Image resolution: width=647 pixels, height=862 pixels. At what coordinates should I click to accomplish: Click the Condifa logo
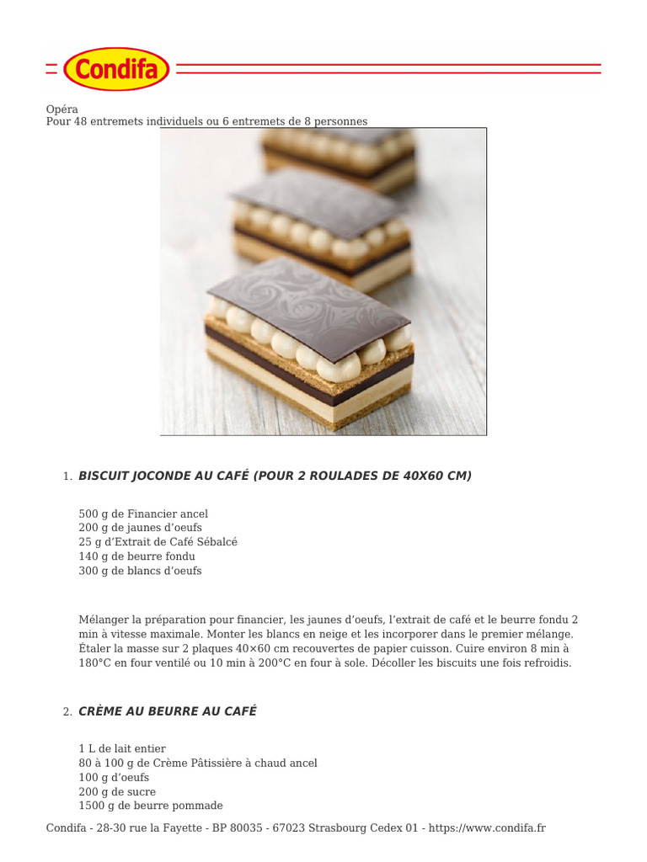coord(116,69)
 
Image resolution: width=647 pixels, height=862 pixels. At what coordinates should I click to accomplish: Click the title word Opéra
coord(61,109)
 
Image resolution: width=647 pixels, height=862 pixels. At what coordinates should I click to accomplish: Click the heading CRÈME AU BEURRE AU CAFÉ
coord(167,711)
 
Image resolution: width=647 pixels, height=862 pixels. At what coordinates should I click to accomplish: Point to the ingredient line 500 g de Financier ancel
coord(143,513)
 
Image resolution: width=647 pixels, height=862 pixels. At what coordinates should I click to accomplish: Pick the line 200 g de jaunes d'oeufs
coord(140,528)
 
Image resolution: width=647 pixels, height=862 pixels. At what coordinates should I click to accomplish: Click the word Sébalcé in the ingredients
coord(216,542)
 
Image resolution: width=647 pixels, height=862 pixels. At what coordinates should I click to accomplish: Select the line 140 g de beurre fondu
coord(136,556)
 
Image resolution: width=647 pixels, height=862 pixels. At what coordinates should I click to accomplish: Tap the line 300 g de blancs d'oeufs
coord(140,571)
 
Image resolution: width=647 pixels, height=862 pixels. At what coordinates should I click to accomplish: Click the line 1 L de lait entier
coord(122,748)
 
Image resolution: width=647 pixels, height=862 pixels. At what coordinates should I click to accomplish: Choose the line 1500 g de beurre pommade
coord(151,806)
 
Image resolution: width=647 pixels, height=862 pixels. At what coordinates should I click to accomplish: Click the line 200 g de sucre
coord(117,791)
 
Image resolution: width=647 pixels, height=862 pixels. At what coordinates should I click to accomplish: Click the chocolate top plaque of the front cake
coord(307,299)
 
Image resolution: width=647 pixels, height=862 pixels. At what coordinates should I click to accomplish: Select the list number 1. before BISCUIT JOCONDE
coord(67,477)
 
